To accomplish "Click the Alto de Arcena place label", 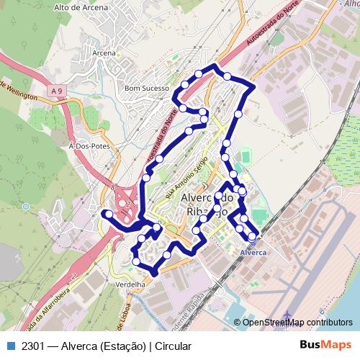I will coord(81,7).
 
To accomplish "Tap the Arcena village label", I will coord(104,53).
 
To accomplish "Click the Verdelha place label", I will coord(130,284).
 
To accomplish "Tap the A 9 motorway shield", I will coord(58,91).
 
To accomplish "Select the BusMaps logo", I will coord(326,346).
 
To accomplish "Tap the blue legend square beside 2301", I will coord(11,346).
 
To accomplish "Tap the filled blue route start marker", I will coord(107,214).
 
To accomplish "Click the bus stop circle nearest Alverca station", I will coord(252,235).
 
